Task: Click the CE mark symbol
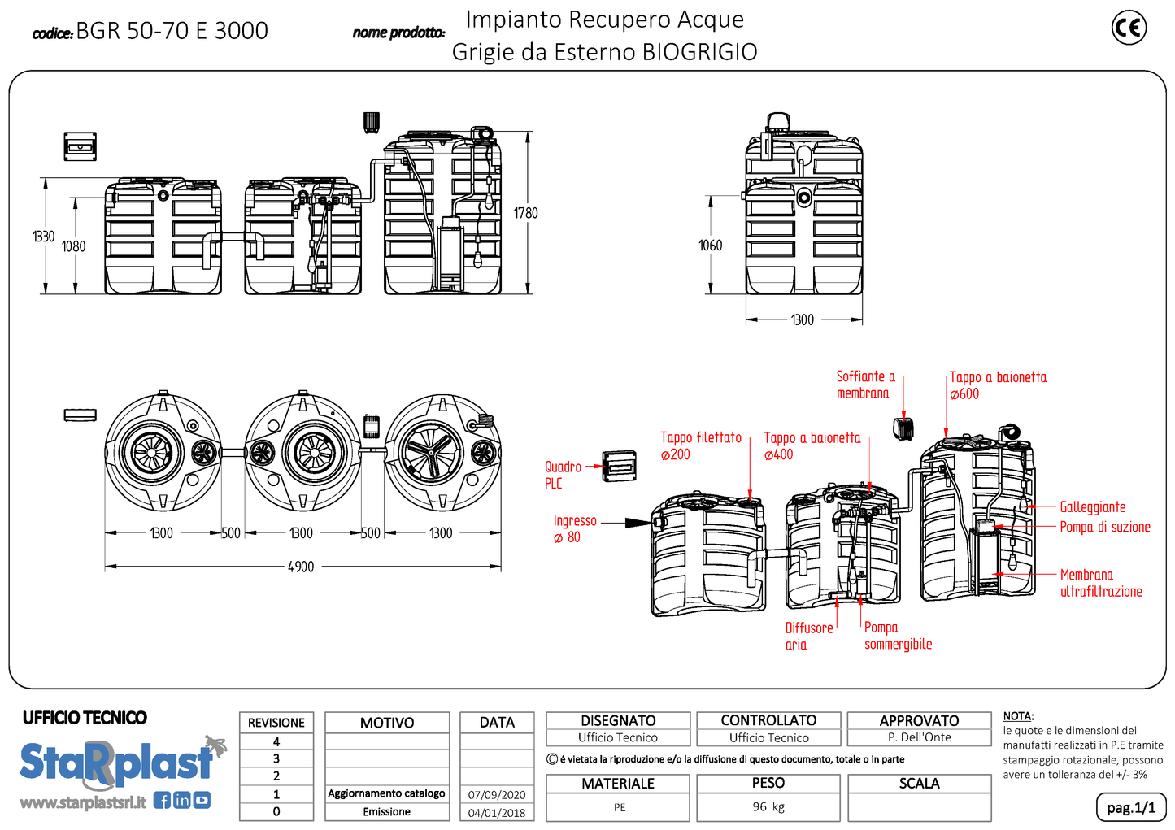[1129, 28]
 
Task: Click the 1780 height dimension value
[525, 213]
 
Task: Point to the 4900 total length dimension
[301, 567]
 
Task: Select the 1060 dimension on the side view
[710, 245]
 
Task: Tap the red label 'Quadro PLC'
[563, 475]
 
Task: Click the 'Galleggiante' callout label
[1092, 507]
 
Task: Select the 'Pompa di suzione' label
[1104, 527]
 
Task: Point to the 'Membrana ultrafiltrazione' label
[1100, 583]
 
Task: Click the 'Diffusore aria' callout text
[808, 636]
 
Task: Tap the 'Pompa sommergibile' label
[897, 636]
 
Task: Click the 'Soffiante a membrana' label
[865, 385]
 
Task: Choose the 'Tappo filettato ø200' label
[700, 445]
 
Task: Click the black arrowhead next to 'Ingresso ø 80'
[638, 523]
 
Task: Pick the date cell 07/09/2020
[497, 795]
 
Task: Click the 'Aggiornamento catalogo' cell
[386, 793]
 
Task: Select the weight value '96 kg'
[768, 806]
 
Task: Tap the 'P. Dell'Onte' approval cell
[919, 737]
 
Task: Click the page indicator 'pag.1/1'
[1130, 807]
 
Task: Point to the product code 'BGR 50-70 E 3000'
[172, 31]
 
